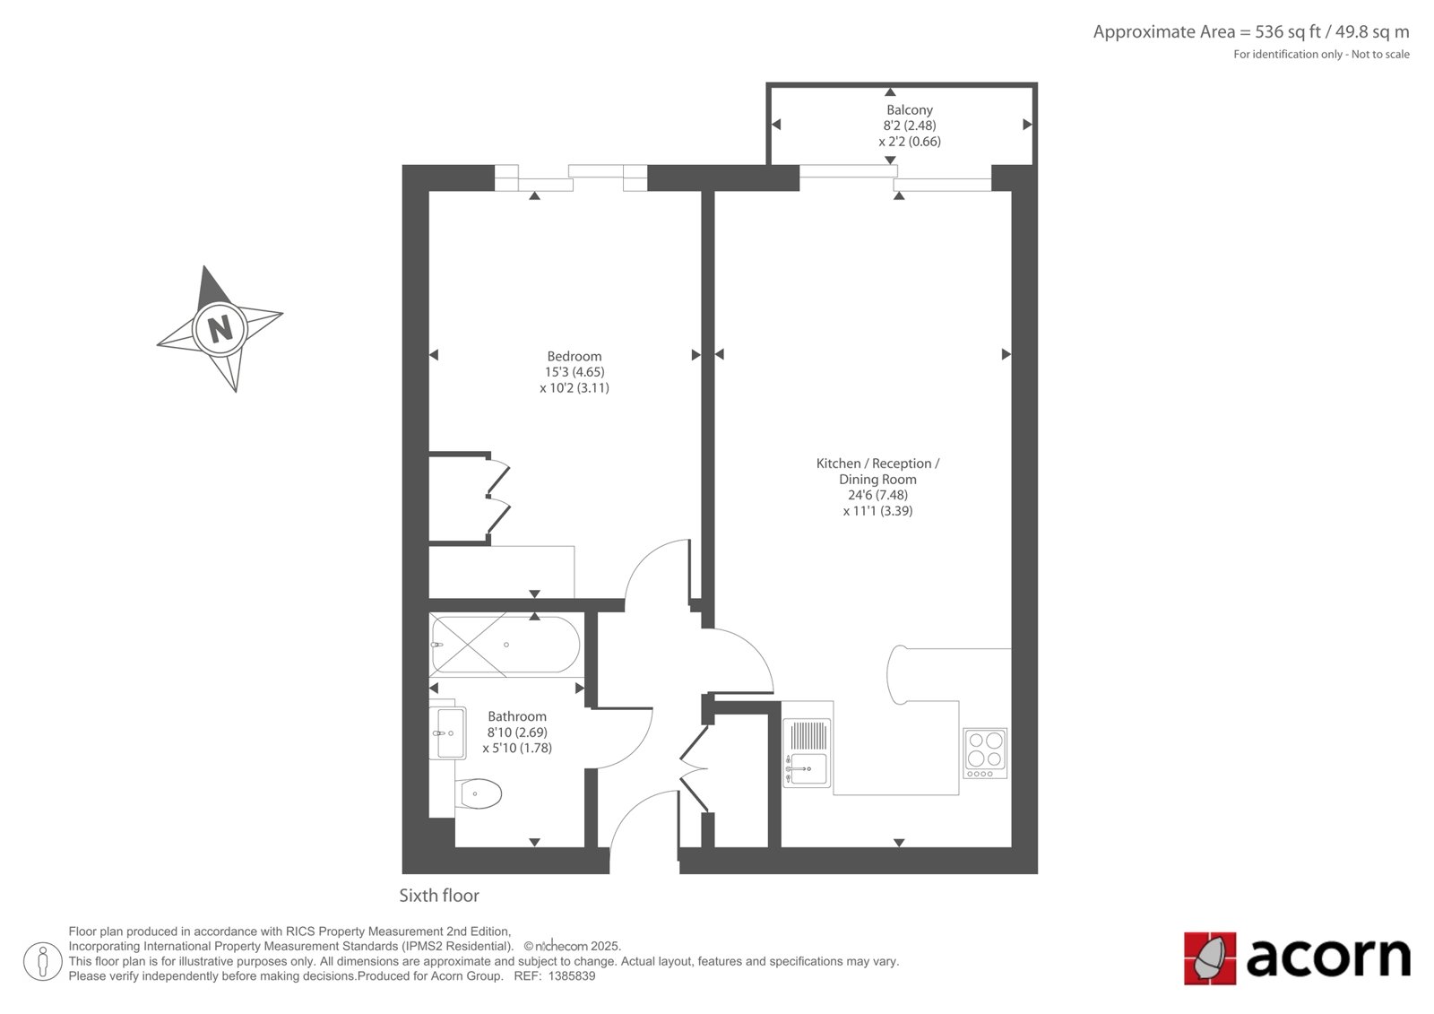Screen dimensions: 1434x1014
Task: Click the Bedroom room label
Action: point(574,356)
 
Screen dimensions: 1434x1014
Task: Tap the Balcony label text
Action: point(909,110)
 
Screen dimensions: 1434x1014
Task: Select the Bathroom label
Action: point(517,716)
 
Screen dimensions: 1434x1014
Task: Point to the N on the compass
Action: point(220,329)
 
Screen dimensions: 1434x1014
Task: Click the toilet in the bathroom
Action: point(479,794)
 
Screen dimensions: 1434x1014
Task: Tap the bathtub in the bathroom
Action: point(505,645)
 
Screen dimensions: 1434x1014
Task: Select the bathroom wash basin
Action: point(451,732)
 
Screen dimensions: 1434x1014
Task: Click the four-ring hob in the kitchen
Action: point(985,753)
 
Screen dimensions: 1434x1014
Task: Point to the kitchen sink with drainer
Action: point(807,752)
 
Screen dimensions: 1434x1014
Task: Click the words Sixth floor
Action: point(439,896)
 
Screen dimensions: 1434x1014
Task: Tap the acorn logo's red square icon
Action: point(1209,958)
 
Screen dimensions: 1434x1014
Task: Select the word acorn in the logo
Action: point(1327,958)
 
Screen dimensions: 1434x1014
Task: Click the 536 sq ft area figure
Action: point(1288,32)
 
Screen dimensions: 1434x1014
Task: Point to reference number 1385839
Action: point(572,976)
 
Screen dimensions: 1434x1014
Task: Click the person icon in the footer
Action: point(43,961)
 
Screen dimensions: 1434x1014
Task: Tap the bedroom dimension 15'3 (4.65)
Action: point(574,372)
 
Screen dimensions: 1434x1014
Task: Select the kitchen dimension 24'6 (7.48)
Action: point(877,495)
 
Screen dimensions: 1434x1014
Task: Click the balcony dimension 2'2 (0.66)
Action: point(910,142)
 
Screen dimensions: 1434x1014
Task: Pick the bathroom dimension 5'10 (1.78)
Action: point(517,748)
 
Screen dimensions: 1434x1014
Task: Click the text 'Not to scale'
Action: point(1380,55)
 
